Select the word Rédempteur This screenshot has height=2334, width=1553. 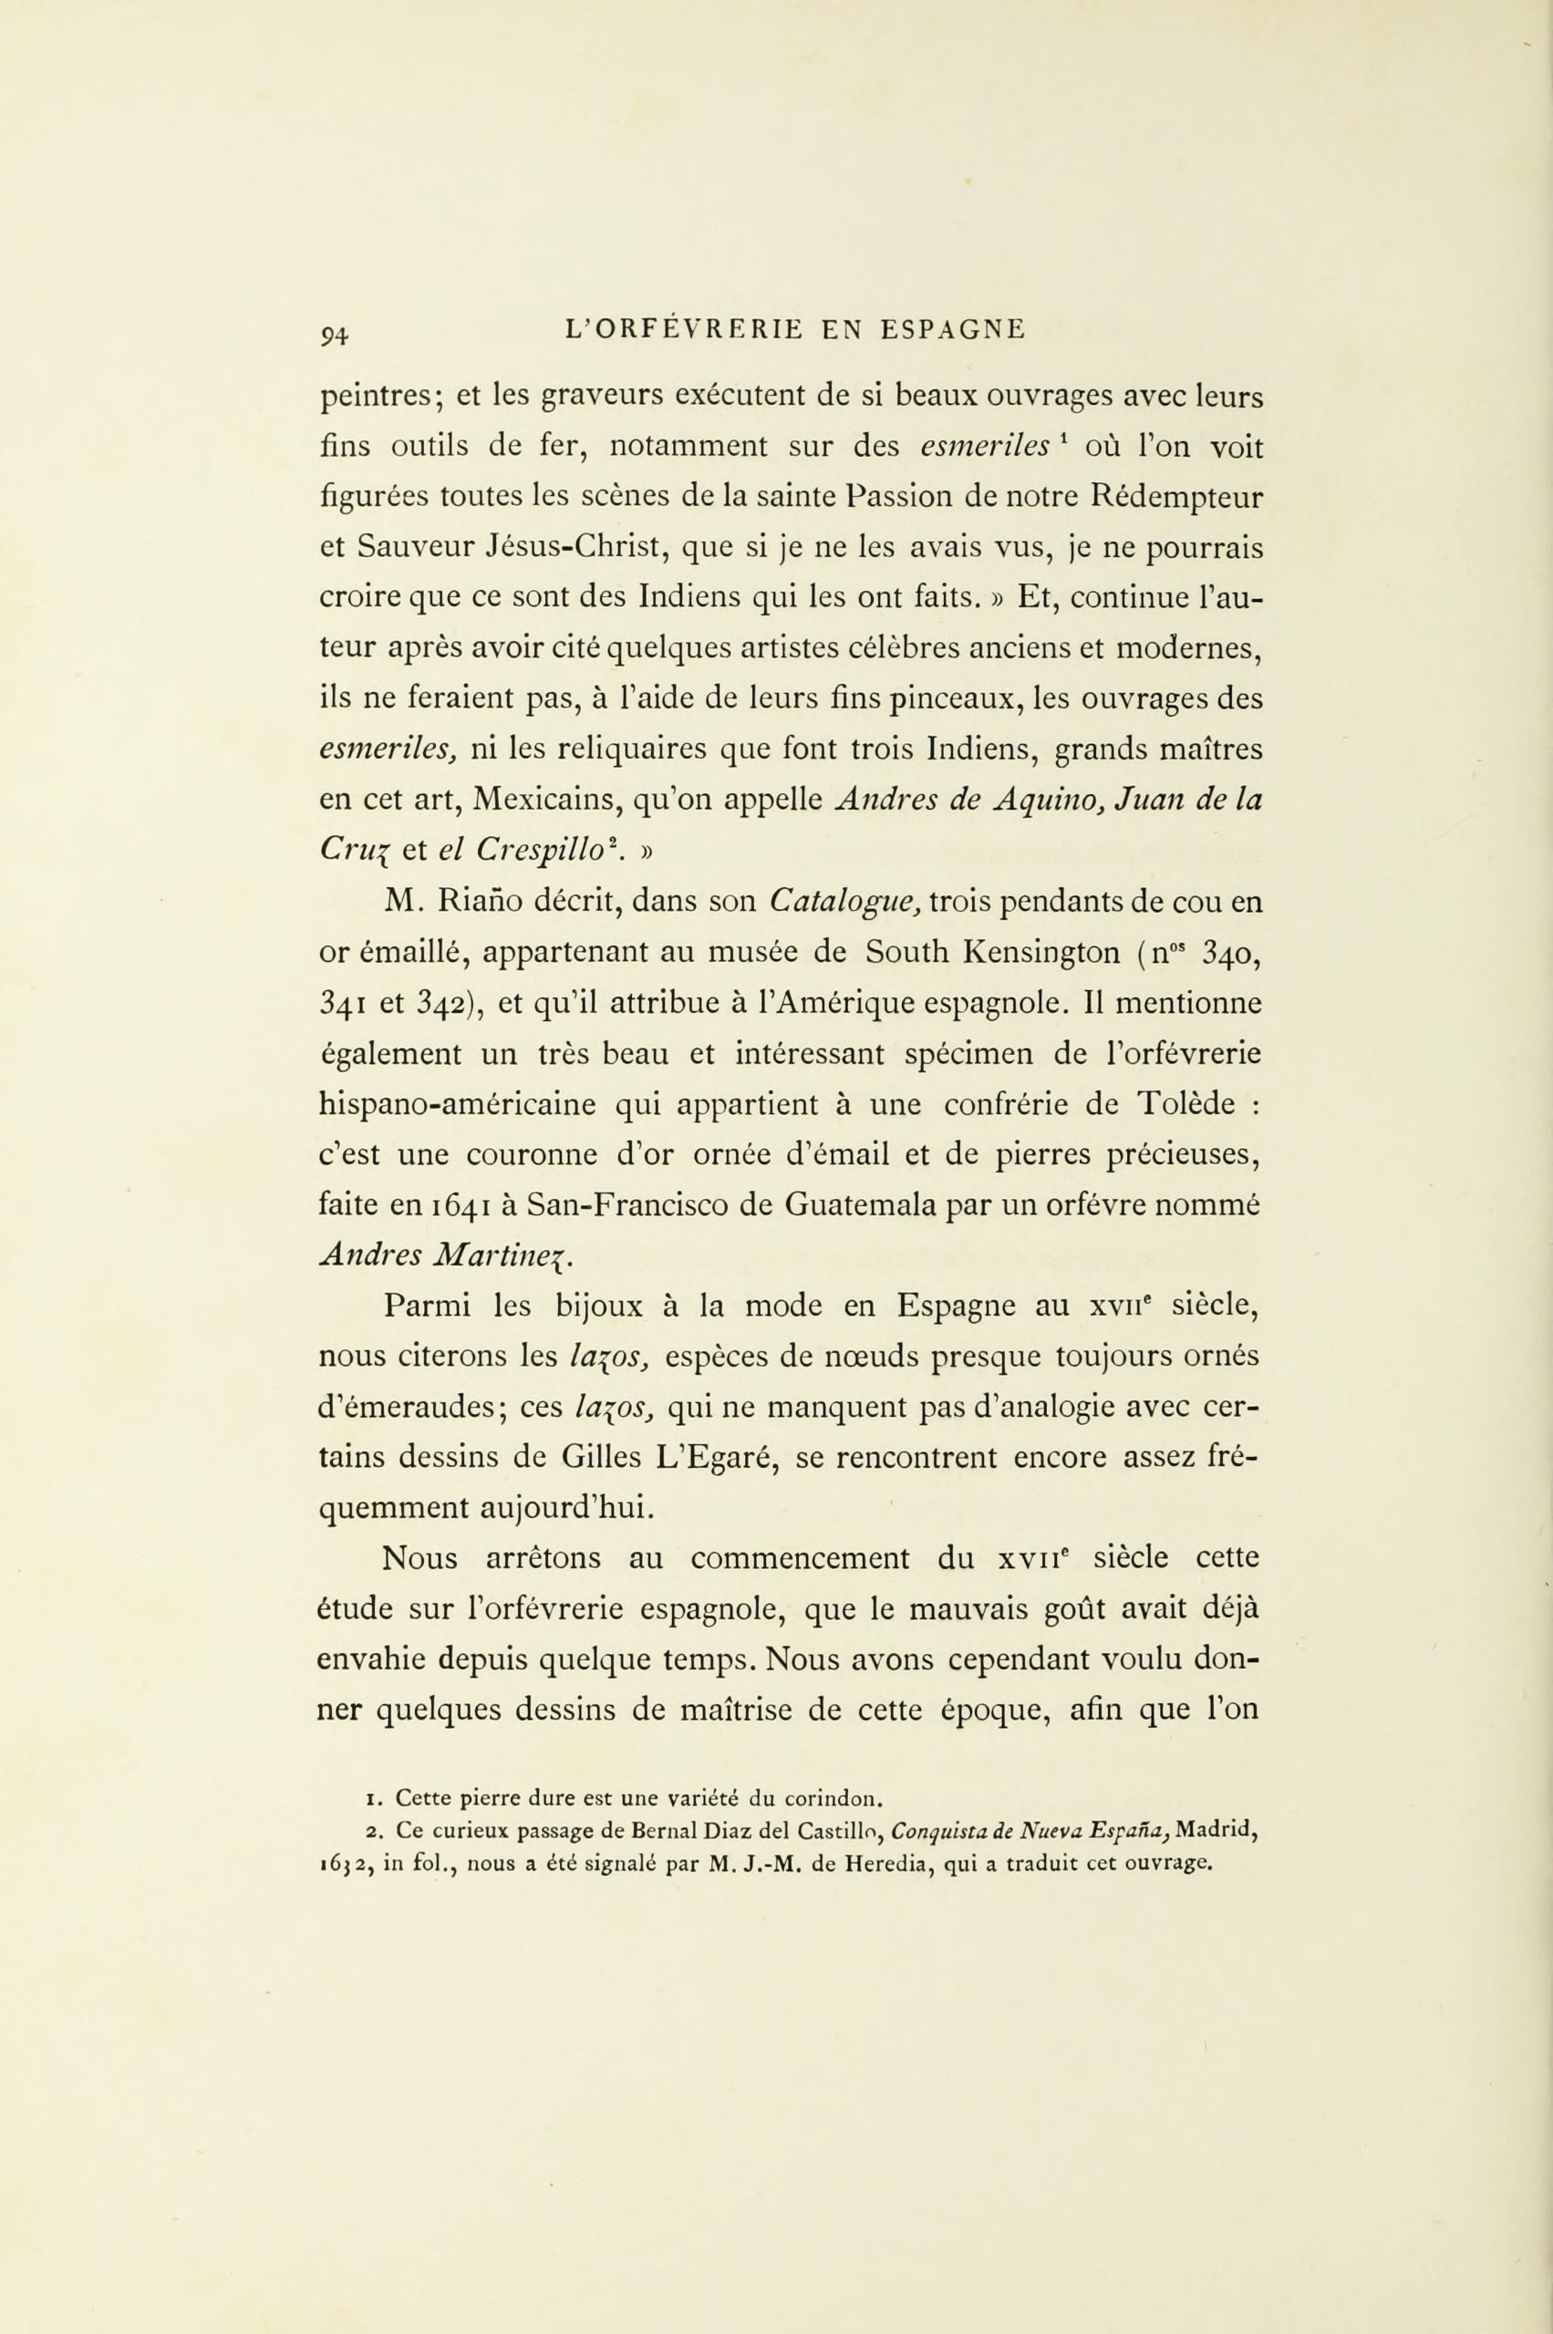tap(1176, 497)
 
